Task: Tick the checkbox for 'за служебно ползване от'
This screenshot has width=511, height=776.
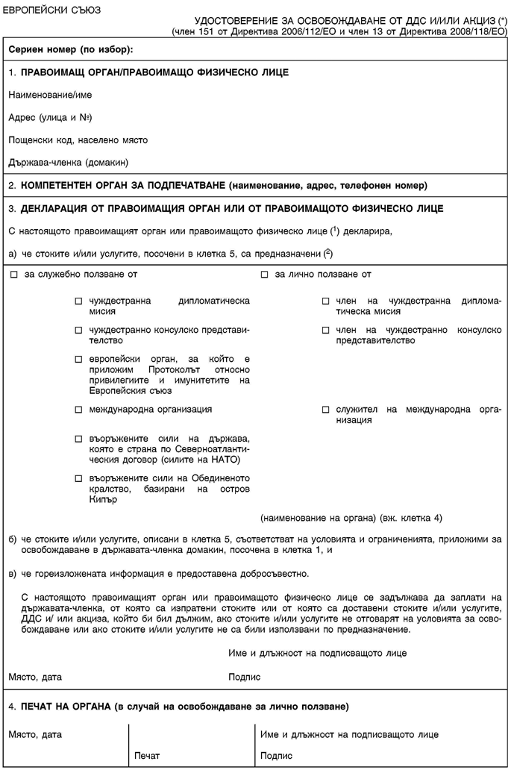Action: (15, 275)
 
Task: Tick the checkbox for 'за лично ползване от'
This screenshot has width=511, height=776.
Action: (265, 275)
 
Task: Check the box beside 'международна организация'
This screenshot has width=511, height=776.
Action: (78, 410)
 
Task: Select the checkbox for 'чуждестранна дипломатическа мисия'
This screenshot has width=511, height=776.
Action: (78, 301)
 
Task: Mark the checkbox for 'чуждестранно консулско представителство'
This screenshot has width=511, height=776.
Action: (78, 329)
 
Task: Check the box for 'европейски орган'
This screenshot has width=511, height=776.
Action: (78, 358)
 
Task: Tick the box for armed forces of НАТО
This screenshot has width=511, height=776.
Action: (78, 437)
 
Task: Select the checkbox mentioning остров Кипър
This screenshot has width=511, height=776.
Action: (78, 478)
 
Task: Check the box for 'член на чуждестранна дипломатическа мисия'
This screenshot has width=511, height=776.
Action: (326, 301)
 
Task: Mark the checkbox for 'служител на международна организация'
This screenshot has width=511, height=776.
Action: (326, 410)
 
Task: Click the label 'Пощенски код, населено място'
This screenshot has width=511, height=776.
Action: (78, 140)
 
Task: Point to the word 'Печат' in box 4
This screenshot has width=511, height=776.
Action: (147, 756)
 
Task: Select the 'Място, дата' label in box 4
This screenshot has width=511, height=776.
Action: (35, 735)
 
